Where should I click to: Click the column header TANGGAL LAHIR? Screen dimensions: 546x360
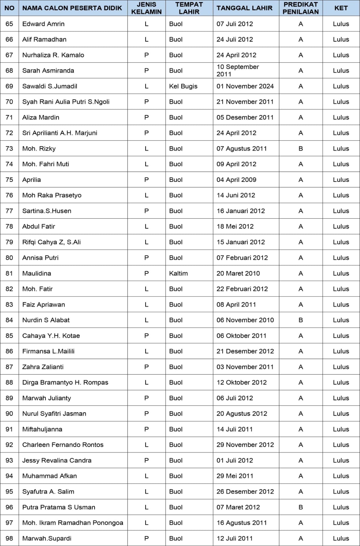(x=244, y=8)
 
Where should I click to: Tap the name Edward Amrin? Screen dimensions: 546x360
(x=43, y=24)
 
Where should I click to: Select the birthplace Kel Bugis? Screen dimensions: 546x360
(x=183, y=86)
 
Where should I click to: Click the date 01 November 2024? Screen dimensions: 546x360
(x=245, y=86)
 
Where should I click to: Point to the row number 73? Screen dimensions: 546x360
(x=9, y=148)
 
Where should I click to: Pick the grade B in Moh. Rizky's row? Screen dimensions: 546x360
(x=301, y=148)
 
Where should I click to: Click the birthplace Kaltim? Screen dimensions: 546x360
(x=178, y=273)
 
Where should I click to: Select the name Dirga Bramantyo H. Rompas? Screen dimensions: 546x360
(x=65, y=383)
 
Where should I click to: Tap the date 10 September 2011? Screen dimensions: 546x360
(x=238, y=71)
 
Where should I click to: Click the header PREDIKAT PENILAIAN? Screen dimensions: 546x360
(x=301, y=8)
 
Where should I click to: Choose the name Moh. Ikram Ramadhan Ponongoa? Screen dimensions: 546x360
(x=73, y=523)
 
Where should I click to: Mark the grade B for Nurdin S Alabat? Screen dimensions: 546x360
(x=301, y=320)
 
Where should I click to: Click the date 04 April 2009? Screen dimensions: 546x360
(x=236, y=180)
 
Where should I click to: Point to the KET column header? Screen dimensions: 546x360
(x=341, y=8)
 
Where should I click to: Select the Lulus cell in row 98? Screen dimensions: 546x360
(x=341, y=538)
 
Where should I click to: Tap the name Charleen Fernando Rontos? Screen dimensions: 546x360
(x=63, y=445)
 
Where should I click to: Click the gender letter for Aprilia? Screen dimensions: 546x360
(x=147, y=180)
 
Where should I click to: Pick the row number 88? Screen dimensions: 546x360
(x=9, y=383)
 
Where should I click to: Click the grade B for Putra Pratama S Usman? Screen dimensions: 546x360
(x=301, y=507)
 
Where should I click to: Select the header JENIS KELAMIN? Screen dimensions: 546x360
(x=147, y=8)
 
